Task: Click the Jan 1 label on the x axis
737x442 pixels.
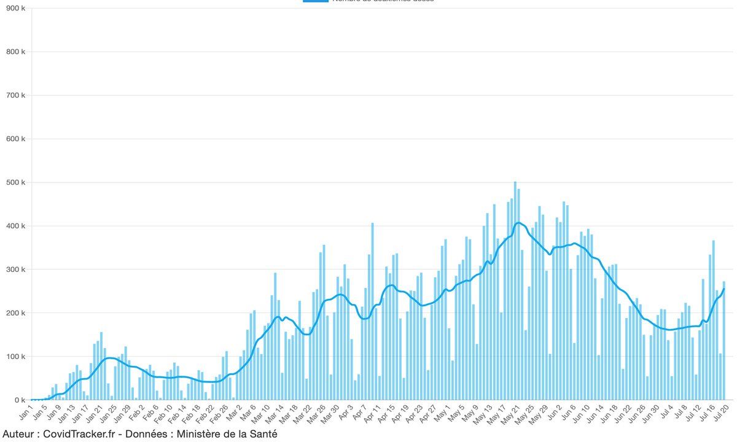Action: (x=26, y=413)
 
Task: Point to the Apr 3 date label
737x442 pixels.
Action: (x=345, y=413)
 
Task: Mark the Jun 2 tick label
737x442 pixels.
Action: (x=553, y=413)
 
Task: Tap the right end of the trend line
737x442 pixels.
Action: (x=724, y=289)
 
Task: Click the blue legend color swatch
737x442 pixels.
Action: (x=315, y=1)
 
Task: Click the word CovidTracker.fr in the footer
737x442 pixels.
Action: (x=76, y=435)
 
